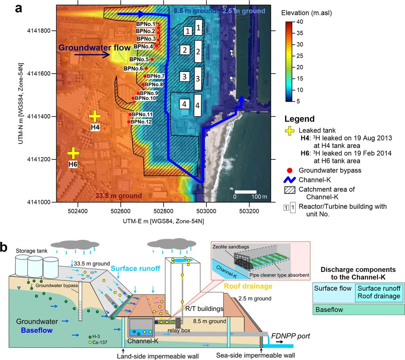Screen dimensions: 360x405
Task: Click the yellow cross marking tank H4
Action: click(x=95, y=116)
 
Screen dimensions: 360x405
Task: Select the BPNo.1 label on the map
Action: click(x=145, y=25)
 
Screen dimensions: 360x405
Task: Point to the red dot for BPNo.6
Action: click(x=146, y=68)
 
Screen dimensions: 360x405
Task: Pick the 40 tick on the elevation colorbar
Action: click(x=299, y=21)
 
